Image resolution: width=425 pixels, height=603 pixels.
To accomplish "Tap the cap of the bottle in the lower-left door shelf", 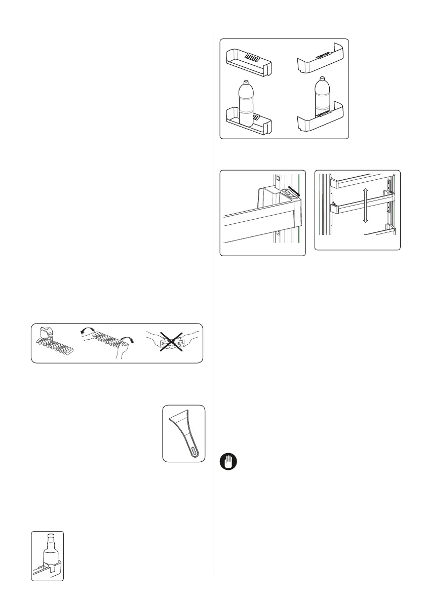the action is [246, 83].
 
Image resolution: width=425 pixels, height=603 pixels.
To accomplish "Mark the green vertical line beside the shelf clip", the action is [300, 213].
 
